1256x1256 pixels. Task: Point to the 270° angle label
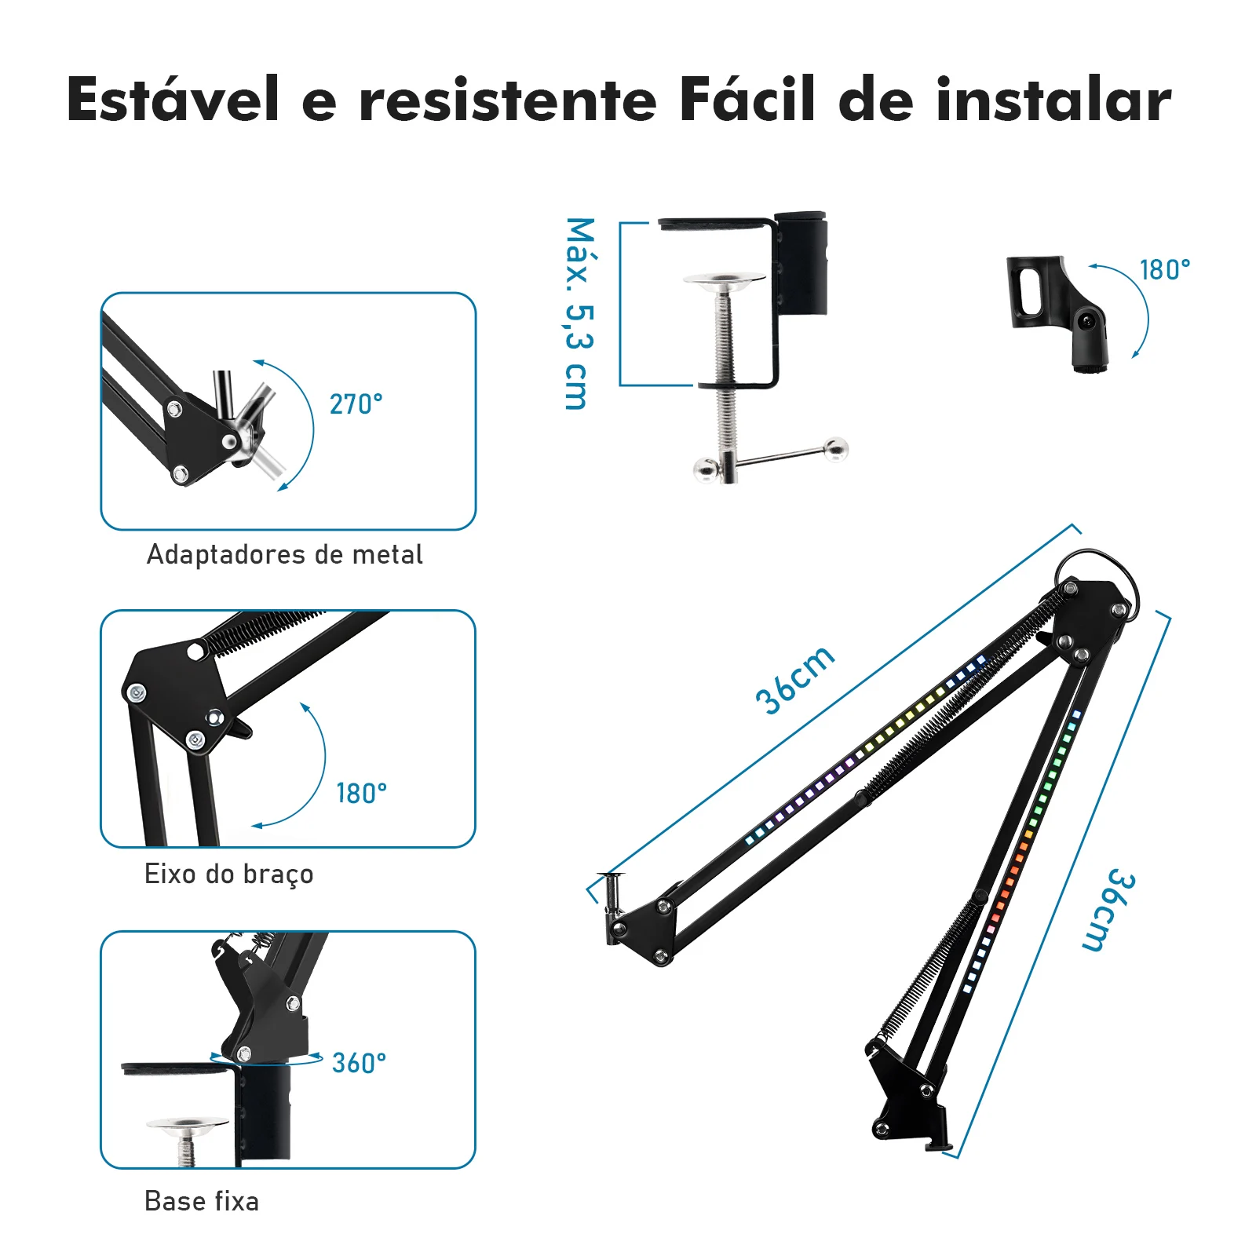click(x=356, y=404)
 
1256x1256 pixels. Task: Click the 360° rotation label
click(x=359, y=1063)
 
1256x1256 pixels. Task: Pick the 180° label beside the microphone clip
click(x=1165, y=270)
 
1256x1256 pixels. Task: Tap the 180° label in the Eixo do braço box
click(x=362, y=794)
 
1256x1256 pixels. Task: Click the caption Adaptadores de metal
click(x=285, y=554)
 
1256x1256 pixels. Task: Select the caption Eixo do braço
click(x=228, y=874)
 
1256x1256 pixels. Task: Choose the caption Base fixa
click(x=202, y=1201)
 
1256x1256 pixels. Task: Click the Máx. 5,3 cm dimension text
click(x=580, y=313)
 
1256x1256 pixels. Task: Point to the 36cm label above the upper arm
click(x=794, y=680)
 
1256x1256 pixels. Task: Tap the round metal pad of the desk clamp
click(x=724, y=281)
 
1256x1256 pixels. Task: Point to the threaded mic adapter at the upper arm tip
click(x=612, y=895)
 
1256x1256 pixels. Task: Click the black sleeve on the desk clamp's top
click(x=801, y=262)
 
